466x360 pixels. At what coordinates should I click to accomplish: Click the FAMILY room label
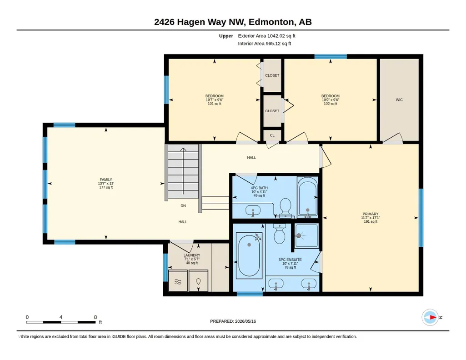click(x=106, y=180)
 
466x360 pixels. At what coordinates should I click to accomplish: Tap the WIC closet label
click(x=399, y=100)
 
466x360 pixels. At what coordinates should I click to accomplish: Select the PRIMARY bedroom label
click(x=371, y=214)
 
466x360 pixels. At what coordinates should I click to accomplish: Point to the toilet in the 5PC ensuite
click(x=279, y=234)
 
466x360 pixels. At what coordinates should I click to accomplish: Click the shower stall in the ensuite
click(x=307, y=235)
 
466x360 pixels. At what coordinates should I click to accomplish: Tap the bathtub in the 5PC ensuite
click(x=249, y=255)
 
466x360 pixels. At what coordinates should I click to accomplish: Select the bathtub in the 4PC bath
click(x=308, y=197)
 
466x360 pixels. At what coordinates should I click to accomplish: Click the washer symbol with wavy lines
click(x=178, y=281)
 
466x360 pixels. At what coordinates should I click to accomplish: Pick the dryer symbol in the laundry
click(x=199, y=281)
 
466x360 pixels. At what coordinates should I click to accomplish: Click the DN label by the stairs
click(x=183, y=205)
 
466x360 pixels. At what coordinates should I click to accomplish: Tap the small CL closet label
click(x=272, y=135)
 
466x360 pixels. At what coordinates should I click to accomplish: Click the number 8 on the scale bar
click(x=95, y=317)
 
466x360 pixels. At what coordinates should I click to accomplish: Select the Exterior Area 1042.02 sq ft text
click(x=266, y=36)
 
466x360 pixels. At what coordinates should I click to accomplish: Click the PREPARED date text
click(x=233, y=321)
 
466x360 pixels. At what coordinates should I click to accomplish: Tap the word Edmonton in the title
click(x=271, y=22)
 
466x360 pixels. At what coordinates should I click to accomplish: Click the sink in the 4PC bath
click(x=253, y=211)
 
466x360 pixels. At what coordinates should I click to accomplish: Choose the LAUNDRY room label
click(x=192, y=255)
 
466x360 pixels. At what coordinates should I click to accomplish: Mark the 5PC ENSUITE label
click(x=290, y=260)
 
